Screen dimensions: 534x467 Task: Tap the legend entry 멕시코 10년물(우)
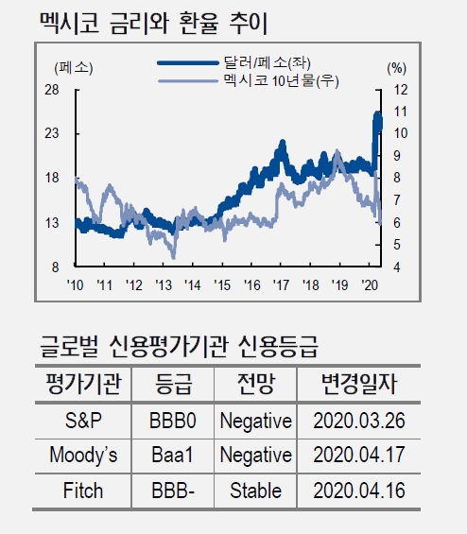pyautogui.click(x=280, y=81)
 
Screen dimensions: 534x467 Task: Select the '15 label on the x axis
pyautogui.click(x=222, y=284)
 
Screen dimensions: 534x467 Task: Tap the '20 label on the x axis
pyautogui.click(x=371, y=284)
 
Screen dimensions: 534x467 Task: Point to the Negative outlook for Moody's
pyautogui.click(x=255, y=456)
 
